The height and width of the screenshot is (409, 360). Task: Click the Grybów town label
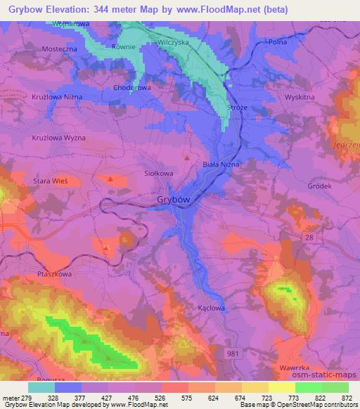172,200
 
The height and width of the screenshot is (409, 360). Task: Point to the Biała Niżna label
221,164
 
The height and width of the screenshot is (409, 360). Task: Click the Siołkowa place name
158,172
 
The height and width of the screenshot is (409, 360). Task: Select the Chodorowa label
132,89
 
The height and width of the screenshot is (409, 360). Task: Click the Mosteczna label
58,49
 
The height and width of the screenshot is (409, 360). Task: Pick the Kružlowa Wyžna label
58,138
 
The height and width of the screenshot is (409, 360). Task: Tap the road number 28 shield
311,239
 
